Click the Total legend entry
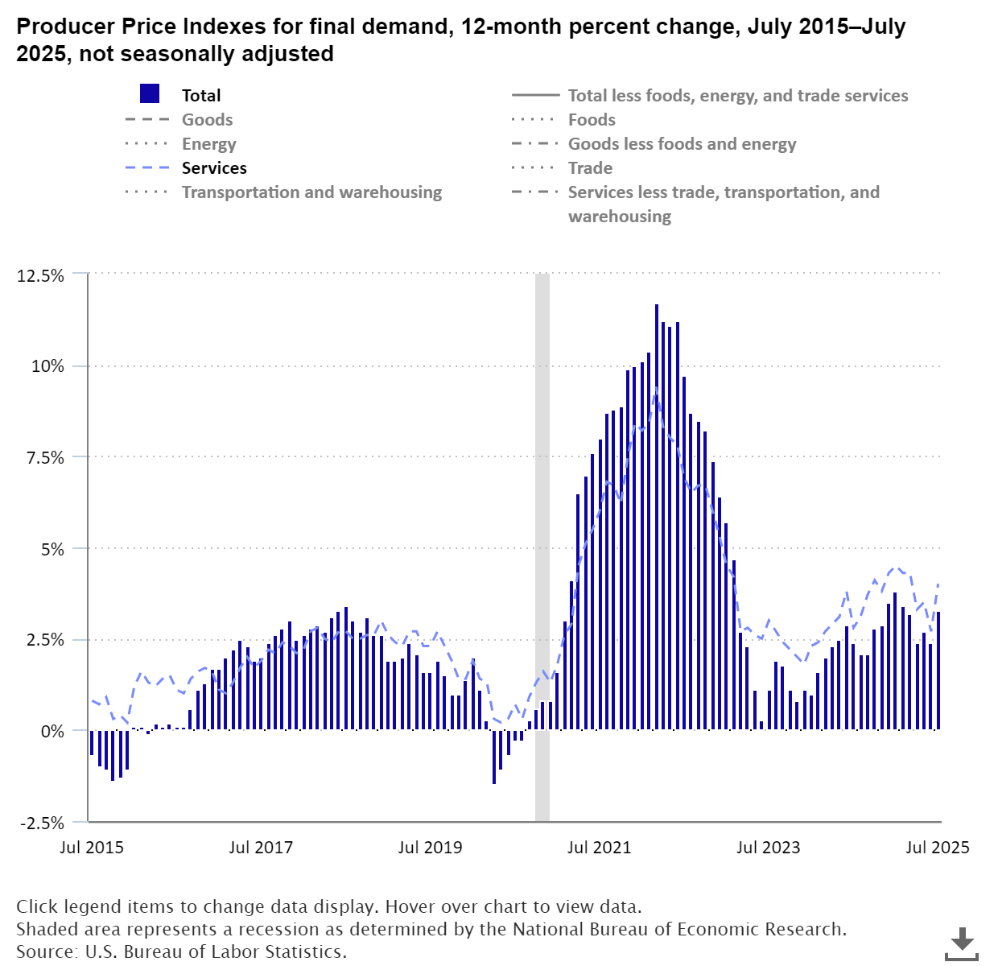click(201, 95)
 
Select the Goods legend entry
click(207, 119)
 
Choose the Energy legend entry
click(208, 143)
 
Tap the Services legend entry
click(214, 167)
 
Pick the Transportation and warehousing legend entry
click(311, 192)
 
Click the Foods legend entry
click(592, 119)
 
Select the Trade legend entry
click(590, 167)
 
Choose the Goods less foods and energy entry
click(682, 143)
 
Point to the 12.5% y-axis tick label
click(40, 275)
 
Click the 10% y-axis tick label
click(47, 366)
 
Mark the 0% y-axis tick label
click(52, 731)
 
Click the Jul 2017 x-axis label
click(261, 847)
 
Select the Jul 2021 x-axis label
click(599, 847)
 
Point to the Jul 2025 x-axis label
click(938, 847)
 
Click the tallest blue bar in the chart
click(657, 515)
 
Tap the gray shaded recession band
click(542, 547)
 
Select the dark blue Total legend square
click(150, 93)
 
